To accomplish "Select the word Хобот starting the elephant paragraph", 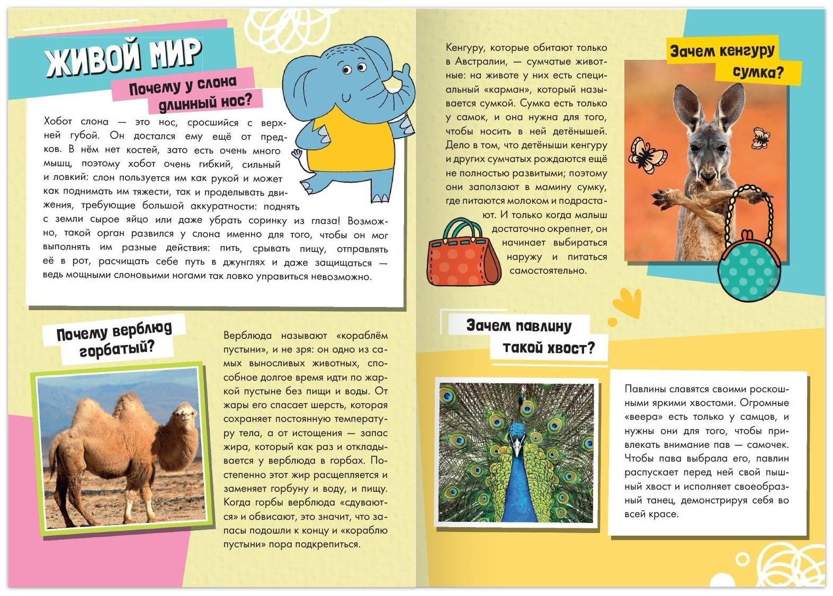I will (61, 122).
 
